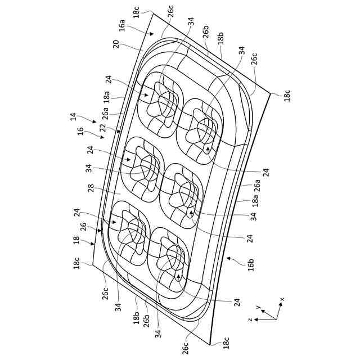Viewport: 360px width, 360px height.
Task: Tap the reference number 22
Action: coord(103,128)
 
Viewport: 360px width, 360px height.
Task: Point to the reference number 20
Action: coord(116,44)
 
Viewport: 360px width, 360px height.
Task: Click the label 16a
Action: coord(122,26)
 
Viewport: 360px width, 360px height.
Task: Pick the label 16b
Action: coord(251,265)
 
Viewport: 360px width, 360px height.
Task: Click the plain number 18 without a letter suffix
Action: coord(76,240)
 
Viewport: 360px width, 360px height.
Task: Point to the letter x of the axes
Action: coord(282,299)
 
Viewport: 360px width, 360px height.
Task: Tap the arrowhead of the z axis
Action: coord(255,319)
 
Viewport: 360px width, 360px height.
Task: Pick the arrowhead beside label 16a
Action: coord(152,34)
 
